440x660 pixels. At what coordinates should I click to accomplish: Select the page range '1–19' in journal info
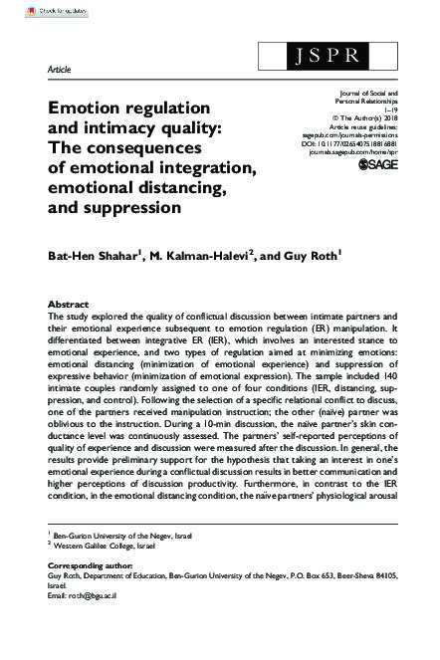[x=397, y=109]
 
